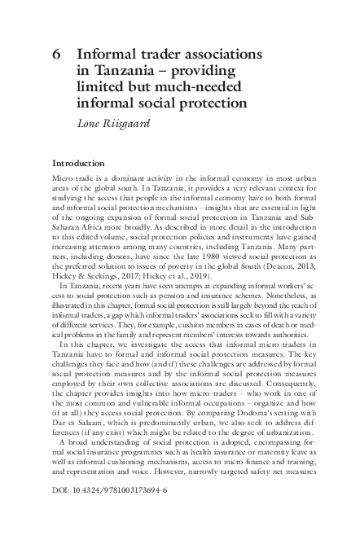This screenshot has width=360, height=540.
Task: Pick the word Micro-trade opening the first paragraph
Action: (x=72, y=178)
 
